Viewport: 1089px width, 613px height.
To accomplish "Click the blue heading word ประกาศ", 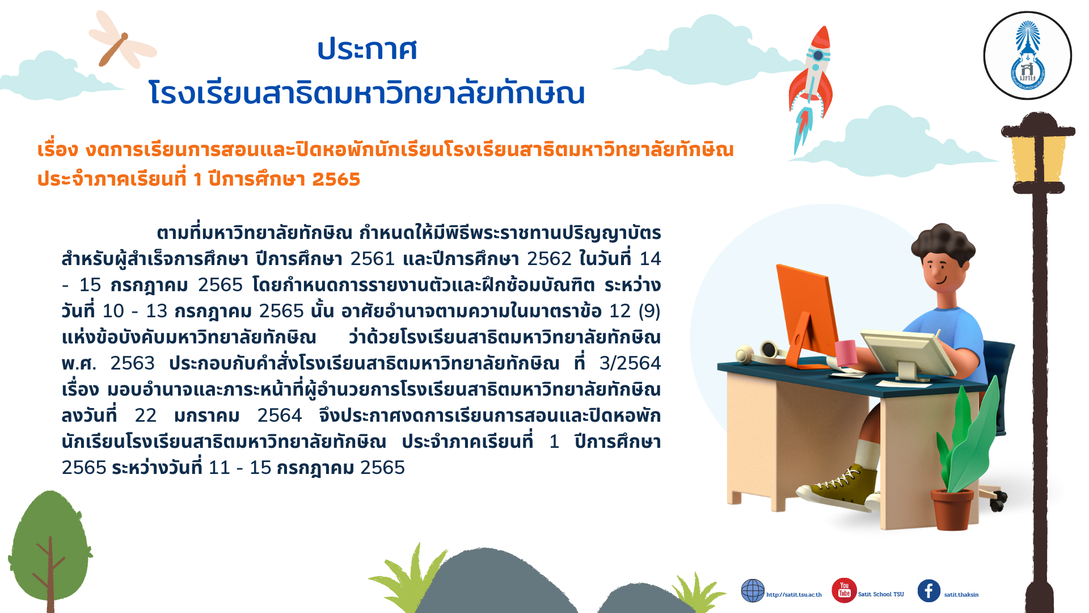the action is click(367, 49).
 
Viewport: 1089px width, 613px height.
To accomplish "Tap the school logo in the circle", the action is click(1027, 56).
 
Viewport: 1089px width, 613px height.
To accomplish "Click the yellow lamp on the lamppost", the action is click(1038, 158).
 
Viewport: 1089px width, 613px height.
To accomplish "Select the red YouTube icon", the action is click(844, 590).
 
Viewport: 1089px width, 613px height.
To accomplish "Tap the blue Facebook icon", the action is click(928, 591).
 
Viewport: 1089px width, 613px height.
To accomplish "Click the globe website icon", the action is click(753, 591).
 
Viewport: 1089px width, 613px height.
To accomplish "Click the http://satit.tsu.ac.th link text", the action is click(793, 595).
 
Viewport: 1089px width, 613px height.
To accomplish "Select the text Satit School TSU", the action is click(881, 594).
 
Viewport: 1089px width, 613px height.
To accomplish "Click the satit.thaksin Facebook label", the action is click(961, 595).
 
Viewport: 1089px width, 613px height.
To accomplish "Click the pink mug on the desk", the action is click(845, 352).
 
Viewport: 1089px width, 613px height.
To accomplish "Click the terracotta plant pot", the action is click(952, 509).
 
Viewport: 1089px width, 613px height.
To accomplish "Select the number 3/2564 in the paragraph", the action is click(630, 363).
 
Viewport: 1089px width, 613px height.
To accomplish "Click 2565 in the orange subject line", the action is click(336, 179).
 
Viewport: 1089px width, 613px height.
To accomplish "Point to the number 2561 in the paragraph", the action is click(373, 259).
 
